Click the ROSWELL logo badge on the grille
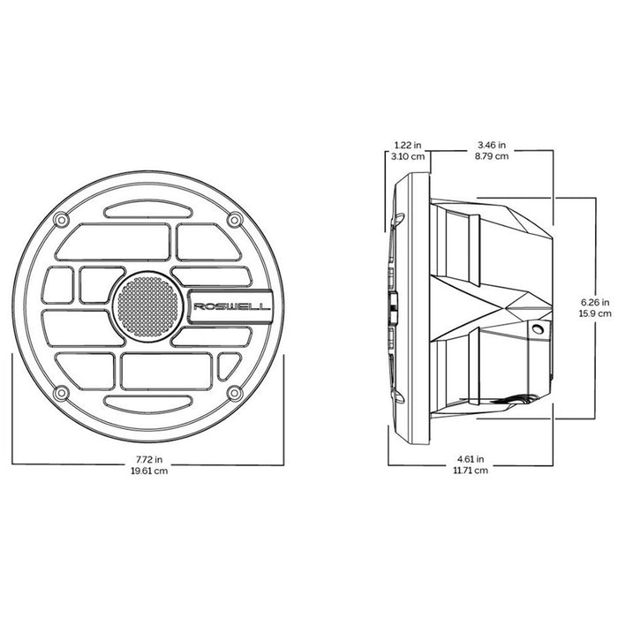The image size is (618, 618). (x=229, y=306)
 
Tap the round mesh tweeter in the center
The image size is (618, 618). (x=149, y=305)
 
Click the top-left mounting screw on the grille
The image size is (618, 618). (x=61, y=219)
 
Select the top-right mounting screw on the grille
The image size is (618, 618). (x=235, y=219)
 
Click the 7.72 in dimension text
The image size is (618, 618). (x=148, y=460)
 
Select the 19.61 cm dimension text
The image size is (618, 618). (x=148, y=472)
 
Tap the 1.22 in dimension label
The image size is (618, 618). (x=405, y=145)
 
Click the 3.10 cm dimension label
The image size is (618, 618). (x=405, y=156)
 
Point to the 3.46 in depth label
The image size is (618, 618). (x=493, y=145)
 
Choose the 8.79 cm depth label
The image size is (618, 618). (x=493, y=156)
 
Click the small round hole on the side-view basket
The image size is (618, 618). (x=537, y=328)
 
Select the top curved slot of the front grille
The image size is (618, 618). (x=148, y=210)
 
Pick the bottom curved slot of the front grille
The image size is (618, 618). (x=148, y=402)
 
